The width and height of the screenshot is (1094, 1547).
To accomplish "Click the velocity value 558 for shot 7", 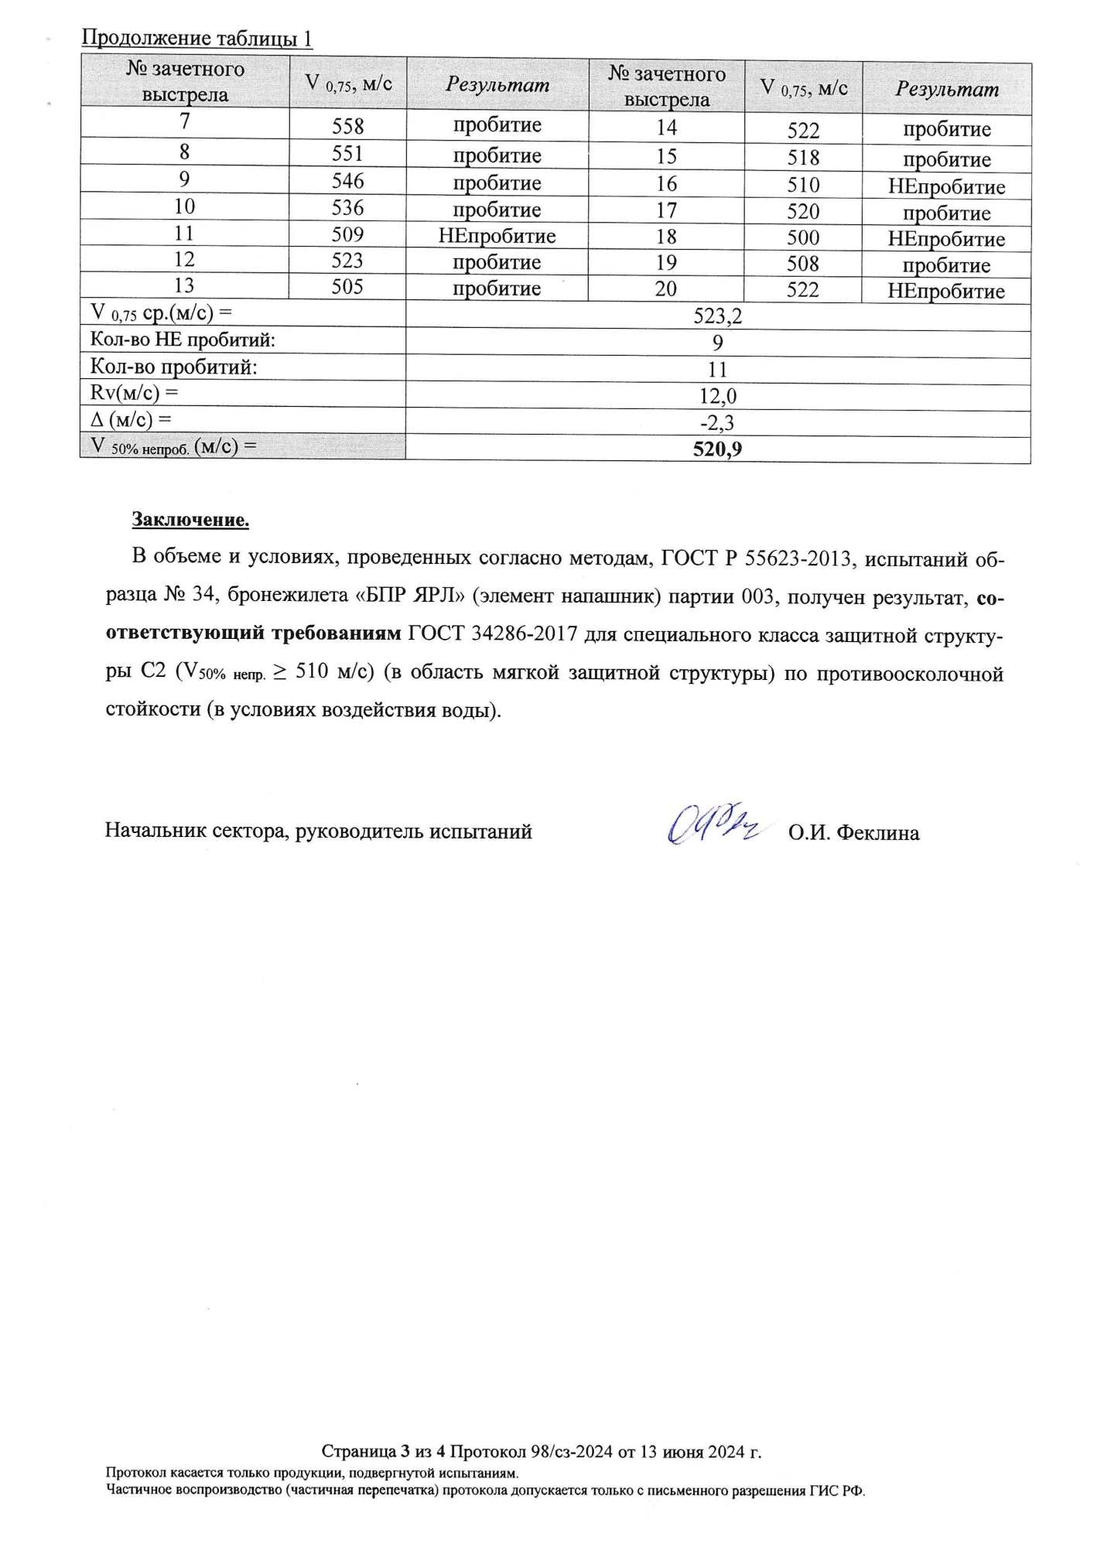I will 347,126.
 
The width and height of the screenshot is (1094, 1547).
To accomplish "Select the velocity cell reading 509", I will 347,234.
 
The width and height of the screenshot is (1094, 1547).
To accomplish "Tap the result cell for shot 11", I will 497,235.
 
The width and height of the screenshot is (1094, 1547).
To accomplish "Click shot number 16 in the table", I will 666,184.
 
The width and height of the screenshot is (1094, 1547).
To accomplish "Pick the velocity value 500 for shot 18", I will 803,237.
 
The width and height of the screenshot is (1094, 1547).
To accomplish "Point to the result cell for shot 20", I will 946,292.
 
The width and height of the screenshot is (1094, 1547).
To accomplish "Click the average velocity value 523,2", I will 717,316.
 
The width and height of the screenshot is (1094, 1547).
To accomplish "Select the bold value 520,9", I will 717,449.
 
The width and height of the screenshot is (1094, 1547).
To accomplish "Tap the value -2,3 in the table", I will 717,422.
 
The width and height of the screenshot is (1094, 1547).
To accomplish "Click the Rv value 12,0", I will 717,396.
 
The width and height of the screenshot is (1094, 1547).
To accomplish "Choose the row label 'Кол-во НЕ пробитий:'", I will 183,340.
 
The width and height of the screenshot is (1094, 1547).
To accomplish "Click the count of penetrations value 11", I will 717,369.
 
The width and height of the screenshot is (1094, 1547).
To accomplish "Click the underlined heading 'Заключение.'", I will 190,519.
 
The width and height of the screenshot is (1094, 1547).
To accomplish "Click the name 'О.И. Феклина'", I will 853,833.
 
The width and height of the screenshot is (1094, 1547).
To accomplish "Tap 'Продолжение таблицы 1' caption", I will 197,38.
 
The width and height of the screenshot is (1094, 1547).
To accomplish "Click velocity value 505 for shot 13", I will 347,287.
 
